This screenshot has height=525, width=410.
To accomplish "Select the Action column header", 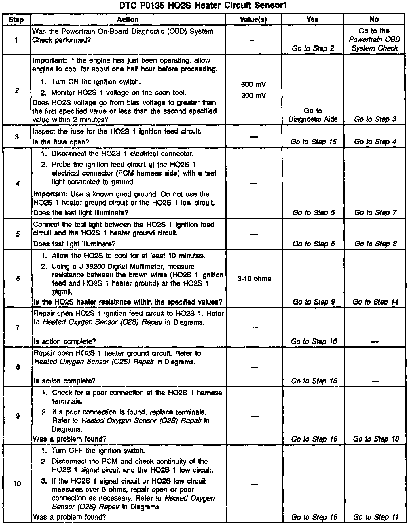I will point(128,20).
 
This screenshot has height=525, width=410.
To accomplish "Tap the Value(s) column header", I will point(253,20).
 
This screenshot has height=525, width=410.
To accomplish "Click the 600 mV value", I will point(253,85).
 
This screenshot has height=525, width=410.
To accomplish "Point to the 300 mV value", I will point(253,96).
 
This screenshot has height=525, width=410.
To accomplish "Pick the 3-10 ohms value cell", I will point(254,279).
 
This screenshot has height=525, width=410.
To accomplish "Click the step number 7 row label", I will point(18,328).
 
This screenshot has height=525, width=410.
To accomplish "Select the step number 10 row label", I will point(17,484).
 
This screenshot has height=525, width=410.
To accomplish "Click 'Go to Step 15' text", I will point(313,142).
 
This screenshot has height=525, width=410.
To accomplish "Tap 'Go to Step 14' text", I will point(375,302).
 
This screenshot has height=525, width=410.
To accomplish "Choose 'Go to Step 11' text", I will point(376,517).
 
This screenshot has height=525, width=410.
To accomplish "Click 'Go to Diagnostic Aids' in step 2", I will point(313,115).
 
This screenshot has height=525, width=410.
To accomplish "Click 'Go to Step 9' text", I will point(314,302).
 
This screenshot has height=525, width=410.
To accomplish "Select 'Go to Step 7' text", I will point(375,213).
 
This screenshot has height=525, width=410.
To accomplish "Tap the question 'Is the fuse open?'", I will point(61,142).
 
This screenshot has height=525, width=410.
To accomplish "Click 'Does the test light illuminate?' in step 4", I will point(81,213).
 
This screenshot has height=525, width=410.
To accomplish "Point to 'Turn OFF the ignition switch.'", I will point(98,450).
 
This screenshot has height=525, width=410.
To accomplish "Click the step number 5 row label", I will point(18,234).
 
